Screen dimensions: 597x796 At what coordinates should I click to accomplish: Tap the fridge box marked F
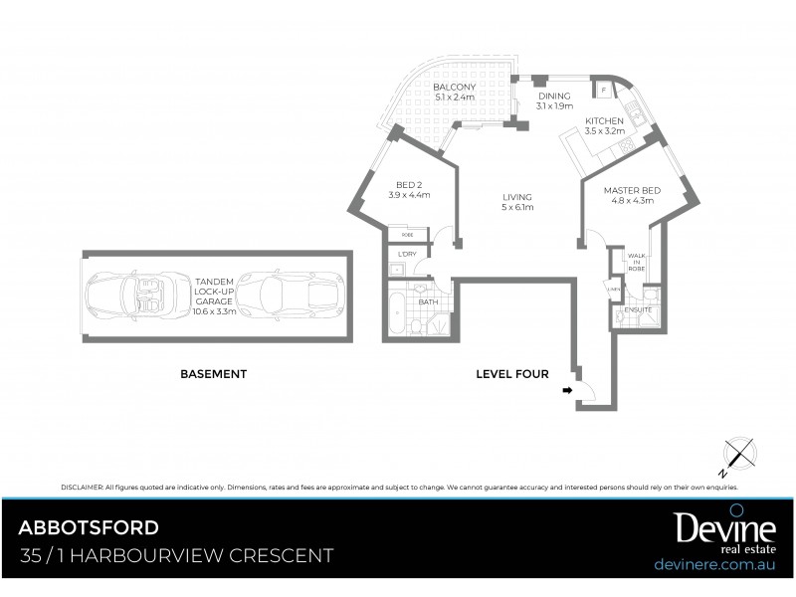pos(604,91)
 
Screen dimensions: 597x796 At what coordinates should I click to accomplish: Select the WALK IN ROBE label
pos(636,262)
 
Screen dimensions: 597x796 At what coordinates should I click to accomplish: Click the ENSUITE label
pos(638,309)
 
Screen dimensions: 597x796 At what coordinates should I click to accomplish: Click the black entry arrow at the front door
pos(568,391)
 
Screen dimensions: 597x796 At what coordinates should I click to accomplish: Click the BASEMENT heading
pos(213,374)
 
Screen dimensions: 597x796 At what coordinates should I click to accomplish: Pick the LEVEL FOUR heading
pos(512,374)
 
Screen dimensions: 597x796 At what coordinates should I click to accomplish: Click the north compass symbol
pos(737,453)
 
